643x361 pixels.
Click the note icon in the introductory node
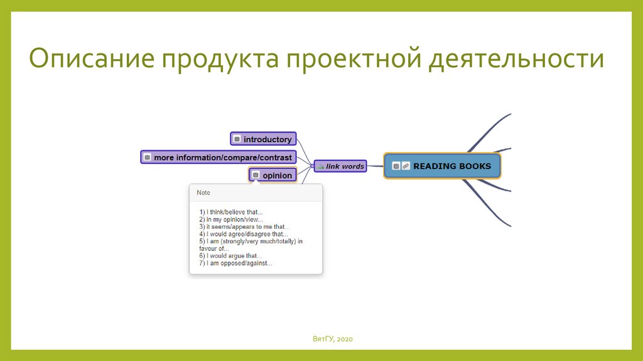tap(237, 139)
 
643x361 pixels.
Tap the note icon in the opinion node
tap(256, 175)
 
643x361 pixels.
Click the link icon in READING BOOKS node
tap(406, 166)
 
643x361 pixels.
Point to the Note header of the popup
tap(203, 192)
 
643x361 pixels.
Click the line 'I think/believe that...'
tap(231, 212)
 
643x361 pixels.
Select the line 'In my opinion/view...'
tap(231, 219)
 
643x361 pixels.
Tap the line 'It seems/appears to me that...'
tap(244, 226)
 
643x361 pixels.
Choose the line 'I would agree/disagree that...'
tap(244, 234)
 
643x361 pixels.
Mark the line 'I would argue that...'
tap(230, 256)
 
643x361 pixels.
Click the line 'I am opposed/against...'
tap(235, 264)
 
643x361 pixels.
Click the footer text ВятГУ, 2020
tap(333, 340)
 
